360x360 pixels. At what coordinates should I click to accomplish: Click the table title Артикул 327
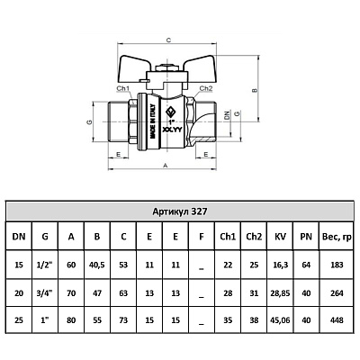(180, 211)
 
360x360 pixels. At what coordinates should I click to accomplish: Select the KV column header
(280, 237)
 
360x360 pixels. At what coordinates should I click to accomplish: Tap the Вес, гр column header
(337, 237)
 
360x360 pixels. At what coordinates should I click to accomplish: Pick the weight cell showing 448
(337, 320)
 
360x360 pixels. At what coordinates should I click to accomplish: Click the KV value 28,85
(280, 293)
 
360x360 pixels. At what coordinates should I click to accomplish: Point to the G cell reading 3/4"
(45, 293)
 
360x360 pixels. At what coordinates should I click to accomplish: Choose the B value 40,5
(97, 265)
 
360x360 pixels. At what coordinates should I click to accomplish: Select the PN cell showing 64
(306, 265)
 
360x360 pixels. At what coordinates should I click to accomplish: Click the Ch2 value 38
(254, 320)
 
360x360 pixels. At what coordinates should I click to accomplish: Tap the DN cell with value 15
(19, 265)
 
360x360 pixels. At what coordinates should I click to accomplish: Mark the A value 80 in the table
(71, 320)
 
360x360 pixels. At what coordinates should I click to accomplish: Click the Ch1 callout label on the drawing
(123, 88)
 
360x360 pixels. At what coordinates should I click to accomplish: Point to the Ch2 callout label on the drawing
(206, 88)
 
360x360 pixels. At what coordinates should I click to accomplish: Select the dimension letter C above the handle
(168, 40)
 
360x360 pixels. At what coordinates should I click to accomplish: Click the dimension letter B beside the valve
(256, 90)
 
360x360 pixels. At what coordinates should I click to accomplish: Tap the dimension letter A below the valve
(165, 166)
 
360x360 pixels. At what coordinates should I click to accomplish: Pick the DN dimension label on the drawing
(227, 115)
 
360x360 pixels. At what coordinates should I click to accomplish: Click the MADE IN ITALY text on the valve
(152, 121)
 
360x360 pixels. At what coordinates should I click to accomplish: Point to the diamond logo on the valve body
(170, 112)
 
